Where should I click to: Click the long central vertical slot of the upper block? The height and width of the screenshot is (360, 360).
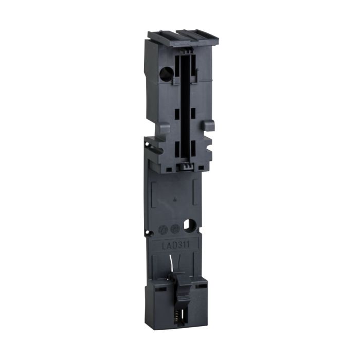pos(185,103)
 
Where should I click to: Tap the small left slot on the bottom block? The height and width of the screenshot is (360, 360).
pos(161,290)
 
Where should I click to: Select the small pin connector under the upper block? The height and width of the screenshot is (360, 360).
pos(184,166)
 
